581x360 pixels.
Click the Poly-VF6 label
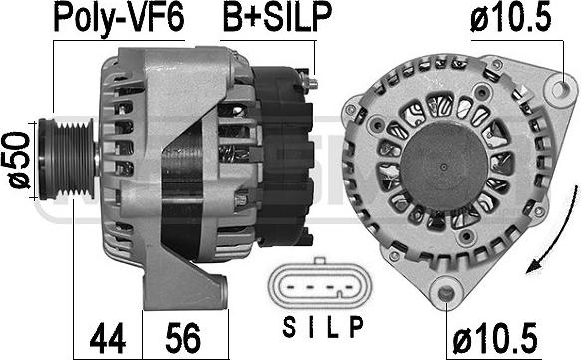(x=119, y=17)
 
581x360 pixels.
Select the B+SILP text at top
(x=276, y=17)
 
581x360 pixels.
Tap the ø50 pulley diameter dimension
(x=16, y=160)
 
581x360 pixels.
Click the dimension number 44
(x=108, y=337)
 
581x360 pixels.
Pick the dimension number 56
(x=183, y=337)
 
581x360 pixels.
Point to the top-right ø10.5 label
(x=510, y=17)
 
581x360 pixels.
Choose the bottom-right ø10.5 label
(x=495, y=338)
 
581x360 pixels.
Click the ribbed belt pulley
(x=67, y=159)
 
